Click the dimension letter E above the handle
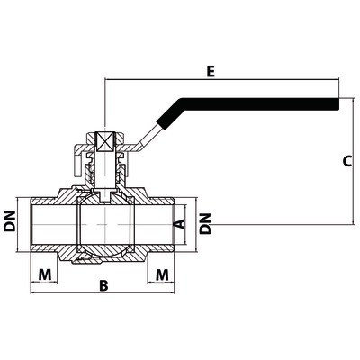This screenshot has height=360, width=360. (211, 72)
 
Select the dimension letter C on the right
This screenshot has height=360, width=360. (347, 161)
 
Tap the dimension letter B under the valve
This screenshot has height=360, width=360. (103, 285)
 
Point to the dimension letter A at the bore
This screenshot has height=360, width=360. (180, 224)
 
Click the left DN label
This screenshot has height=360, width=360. (10, 221)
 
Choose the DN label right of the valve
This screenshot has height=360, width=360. (206, 224)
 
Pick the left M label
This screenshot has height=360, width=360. (45, 274)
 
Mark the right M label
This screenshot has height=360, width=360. (162, 274)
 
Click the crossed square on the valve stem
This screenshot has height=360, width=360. (104, 141)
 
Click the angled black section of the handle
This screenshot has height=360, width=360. (169, 115)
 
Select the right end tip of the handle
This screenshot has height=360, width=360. (339, 103)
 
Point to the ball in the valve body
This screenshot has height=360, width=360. (104, 224)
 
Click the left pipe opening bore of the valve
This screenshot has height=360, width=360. (54, 224)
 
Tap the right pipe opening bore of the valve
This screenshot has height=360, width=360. (154, 224)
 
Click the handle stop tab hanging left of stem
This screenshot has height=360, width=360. (77, 164)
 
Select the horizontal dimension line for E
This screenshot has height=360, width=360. (221, 79)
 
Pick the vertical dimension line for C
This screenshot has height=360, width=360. (353, 161)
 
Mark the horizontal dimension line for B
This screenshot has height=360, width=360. (103, 292)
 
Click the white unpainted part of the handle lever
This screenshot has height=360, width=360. (148, 136)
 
